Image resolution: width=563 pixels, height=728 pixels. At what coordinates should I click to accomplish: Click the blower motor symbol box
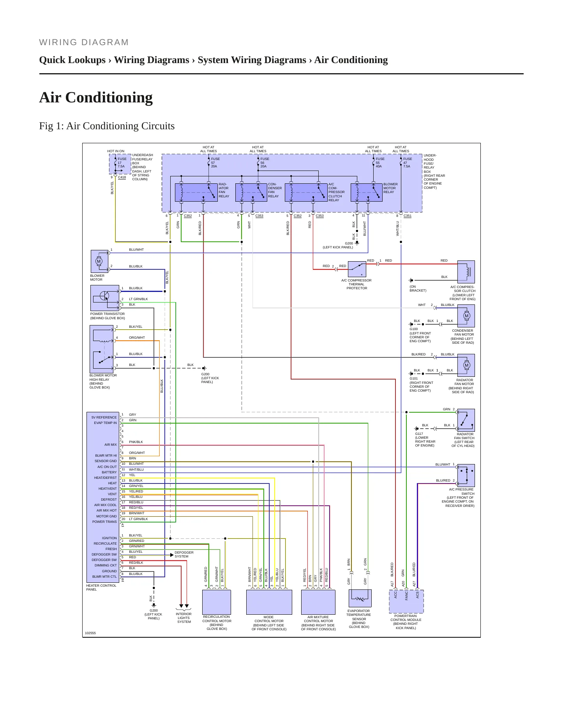(x=99, y=261)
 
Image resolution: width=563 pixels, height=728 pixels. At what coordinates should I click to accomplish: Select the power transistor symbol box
(x=105, y=298)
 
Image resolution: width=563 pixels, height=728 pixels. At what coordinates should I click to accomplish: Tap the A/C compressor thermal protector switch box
(x=357, y=269)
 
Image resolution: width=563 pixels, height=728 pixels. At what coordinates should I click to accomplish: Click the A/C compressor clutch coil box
(x=466, y=272)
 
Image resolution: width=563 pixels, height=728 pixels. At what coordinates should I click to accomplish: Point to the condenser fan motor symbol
(x=466, y=316)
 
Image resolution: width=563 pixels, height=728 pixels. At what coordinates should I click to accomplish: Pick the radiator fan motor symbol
(x=466, y=365)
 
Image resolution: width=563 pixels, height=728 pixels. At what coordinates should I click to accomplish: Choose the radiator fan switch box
(x=466, y=420)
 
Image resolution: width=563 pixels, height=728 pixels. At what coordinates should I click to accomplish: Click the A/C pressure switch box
(x=466, y=475)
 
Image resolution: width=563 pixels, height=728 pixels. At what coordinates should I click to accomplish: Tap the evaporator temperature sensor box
(x=360, y=598)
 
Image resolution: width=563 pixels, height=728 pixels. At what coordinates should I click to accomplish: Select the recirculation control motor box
(x=217, y=602)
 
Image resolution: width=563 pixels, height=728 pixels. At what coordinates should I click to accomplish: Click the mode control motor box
(x=269, y=602)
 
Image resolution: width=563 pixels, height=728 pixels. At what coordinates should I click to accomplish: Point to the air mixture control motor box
(x=318, y=602)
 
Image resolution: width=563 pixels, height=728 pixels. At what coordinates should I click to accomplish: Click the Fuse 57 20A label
(x=215, y=162)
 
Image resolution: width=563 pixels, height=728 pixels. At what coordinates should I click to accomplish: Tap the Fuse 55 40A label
(x=380, y=162)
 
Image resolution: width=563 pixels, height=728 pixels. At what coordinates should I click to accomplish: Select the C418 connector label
(x=122, y=177)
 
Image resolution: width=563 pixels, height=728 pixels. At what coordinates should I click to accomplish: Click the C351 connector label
(x=408, y=216)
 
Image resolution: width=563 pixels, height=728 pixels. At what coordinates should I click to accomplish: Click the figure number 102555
(x=90, y=633)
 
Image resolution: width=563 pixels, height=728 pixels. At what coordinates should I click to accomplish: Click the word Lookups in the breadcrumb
(x=88, y=60)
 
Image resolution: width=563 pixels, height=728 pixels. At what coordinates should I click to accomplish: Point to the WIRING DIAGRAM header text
(x=84, y=42)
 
